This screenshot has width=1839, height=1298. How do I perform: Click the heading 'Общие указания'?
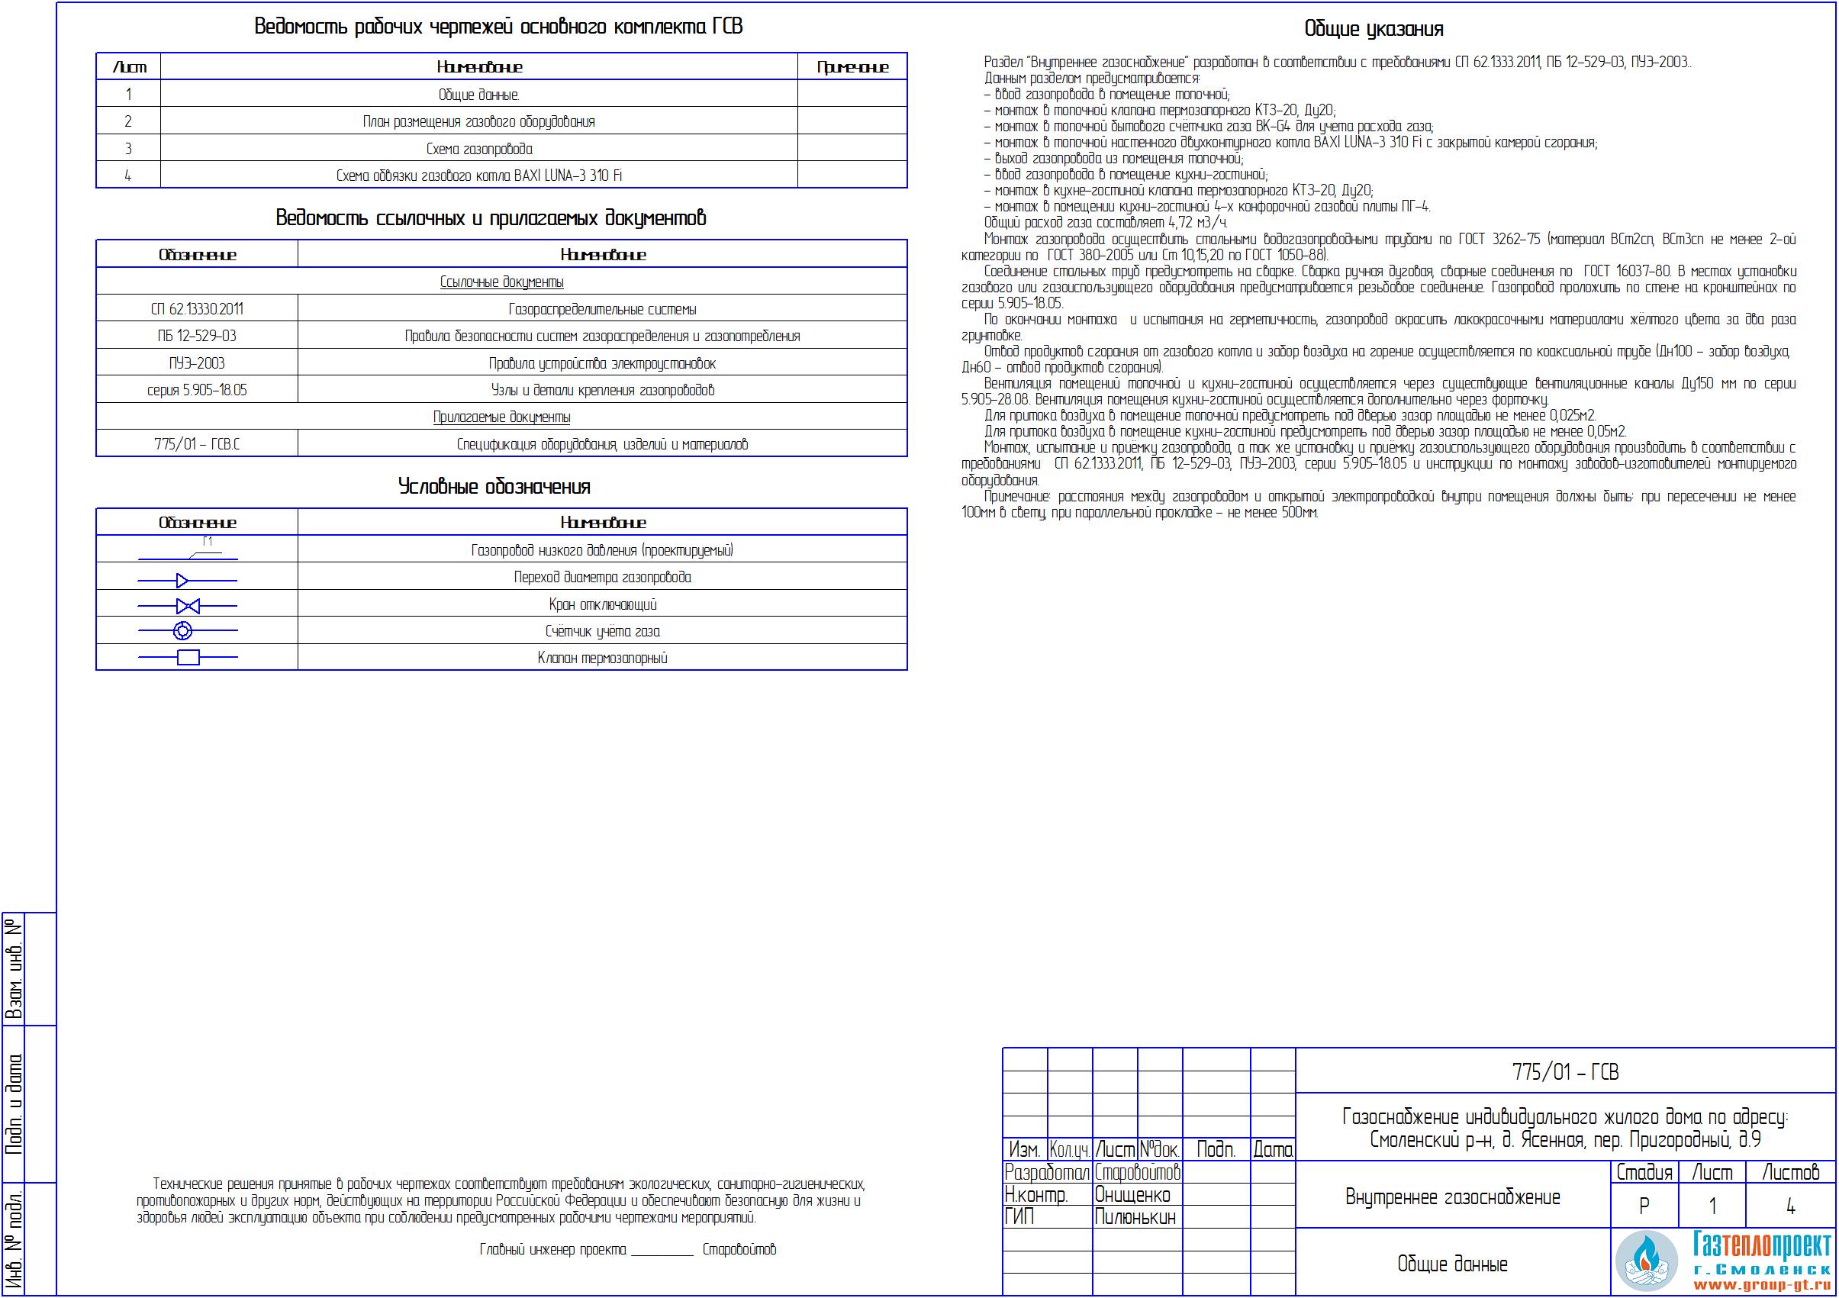pyautogui.click(x=1373, y=30)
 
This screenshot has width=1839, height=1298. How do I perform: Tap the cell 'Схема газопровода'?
pyautogui.click(x=478, y=149)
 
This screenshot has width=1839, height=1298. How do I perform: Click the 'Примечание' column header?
pyautogui.click(x=852, y=67)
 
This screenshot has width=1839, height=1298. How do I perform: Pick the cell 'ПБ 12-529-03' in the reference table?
pyautogui.click(x=197, y=337)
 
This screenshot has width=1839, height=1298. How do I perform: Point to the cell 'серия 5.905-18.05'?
pyautogui.click(x=197, y=390)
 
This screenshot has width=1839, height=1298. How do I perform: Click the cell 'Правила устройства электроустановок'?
pyautogui.click(x=601, y=363)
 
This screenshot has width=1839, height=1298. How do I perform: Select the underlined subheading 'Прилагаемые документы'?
pyautogui.click(x=501, y=417)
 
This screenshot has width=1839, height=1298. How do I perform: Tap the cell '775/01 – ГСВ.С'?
pyautogui.click(x=197, y=443)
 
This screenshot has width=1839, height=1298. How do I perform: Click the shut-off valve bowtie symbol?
pyautogui.click(x=188, y=605)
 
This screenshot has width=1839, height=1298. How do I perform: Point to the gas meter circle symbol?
pyautogui.click(x=182, y=631)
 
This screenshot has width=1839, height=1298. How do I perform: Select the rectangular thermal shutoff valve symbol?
pyautogui.click(x=188, y=658)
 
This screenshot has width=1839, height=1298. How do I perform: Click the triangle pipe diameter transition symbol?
pyautogui.click(x=182, y=580)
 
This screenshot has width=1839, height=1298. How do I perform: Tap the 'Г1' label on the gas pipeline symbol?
pyautogui.click(x=208, y=542)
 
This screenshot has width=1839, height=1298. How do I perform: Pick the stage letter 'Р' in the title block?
pyautogui.click(x=1644, y=1206)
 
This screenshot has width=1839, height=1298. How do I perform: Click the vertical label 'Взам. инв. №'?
pyautogui.click(x=14, y=969)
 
